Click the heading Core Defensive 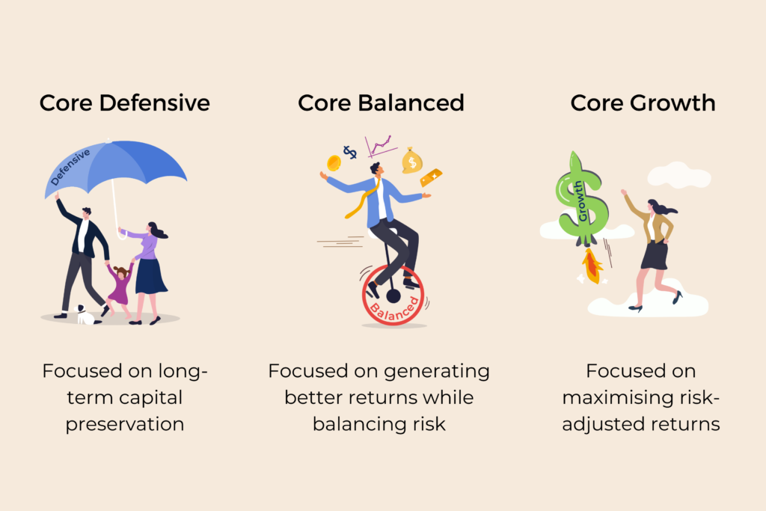(x=125, y=103)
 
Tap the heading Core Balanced (x=381, y=103)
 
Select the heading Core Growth (x=643, y=103)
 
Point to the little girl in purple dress (x=120, y=288)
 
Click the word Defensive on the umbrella (x=70, y=167)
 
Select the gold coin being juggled (x=334, y=162)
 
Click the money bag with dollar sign (x=412, y=161)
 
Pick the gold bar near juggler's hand (x=431, y=177)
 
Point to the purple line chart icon (x=380, y=146)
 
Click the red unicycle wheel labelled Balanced (x=393, y=295)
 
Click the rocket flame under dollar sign (x=592, y=266)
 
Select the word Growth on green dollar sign (x=580, y=201)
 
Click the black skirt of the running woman (x=655, y=255)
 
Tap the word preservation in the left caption (x=125, y=424)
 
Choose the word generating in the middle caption (x=437, y=372)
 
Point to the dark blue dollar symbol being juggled (x=350, y=152)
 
